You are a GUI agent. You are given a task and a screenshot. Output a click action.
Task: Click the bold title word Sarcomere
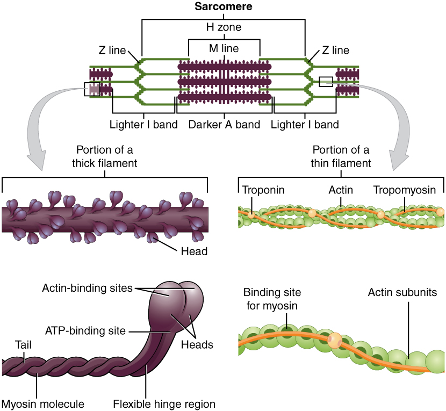(224, 7)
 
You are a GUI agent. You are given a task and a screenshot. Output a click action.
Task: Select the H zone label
(224, 26)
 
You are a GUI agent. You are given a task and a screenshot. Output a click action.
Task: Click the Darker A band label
(224, 125)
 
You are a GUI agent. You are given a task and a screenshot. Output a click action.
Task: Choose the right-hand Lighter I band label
(305, 125)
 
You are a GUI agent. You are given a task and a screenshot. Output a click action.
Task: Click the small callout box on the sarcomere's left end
(92, 89)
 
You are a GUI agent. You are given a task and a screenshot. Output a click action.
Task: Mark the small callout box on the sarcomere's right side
(326, 81)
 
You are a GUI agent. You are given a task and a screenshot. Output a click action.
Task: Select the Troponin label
(263, 190)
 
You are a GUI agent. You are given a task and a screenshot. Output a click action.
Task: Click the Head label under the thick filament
(195, 251)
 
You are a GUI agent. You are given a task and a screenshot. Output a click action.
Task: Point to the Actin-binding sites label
(87, 288)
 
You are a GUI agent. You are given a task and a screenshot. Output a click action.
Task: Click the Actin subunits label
(402, 293)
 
